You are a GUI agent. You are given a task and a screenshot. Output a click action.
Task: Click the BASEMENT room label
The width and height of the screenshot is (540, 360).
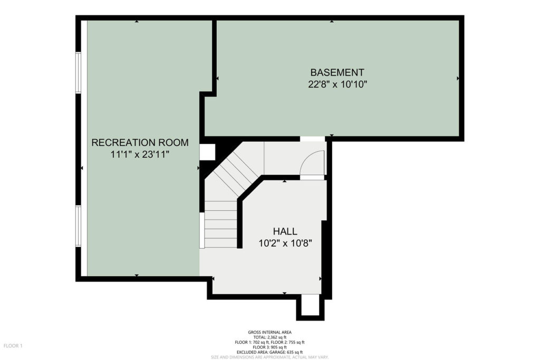pos(337,73)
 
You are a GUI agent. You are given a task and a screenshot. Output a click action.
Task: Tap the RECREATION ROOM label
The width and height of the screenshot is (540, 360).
pos(140,142)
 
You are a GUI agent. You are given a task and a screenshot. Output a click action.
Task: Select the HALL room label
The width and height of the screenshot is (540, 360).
pos(285,231)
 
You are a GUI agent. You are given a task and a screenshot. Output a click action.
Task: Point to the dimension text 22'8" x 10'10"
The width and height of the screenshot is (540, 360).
pos(337,84)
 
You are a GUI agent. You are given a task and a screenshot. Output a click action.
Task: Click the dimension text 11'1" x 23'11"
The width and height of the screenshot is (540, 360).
pos(140,154)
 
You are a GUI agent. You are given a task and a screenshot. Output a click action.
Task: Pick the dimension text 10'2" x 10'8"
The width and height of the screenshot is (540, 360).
pos(285,244)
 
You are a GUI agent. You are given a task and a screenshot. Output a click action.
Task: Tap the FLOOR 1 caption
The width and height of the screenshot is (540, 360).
pos(13,346)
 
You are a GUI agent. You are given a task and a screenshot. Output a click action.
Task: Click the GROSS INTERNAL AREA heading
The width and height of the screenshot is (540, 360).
pos(269,332)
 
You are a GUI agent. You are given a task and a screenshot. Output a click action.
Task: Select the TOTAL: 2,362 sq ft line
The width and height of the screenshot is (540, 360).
pos(269,337)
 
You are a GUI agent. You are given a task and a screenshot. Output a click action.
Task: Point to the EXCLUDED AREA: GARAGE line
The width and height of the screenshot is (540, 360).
pos(269,352)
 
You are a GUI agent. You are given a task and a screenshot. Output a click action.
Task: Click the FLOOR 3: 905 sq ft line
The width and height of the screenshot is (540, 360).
pos(269,347)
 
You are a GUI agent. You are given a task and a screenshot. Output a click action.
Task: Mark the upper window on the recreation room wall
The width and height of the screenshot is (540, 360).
pos(79,73)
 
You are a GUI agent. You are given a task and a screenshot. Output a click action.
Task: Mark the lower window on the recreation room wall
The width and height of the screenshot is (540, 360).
pos(79,226)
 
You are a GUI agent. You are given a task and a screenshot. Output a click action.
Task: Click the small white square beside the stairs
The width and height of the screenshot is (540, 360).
pos(207,152)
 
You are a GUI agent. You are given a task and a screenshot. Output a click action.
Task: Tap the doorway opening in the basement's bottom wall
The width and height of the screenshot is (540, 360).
pos(312,139)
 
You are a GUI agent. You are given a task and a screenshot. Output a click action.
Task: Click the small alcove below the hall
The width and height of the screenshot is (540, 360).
pos(310,305)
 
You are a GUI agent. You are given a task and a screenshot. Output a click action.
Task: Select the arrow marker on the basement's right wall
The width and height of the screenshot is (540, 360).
pos(458,79)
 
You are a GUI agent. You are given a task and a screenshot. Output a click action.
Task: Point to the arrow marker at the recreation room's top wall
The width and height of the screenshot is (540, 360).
pos(137,21)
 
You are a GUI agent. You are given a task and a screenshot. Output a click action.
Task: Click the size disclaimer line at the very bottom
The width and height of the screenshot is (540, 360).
pos(269,357)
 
